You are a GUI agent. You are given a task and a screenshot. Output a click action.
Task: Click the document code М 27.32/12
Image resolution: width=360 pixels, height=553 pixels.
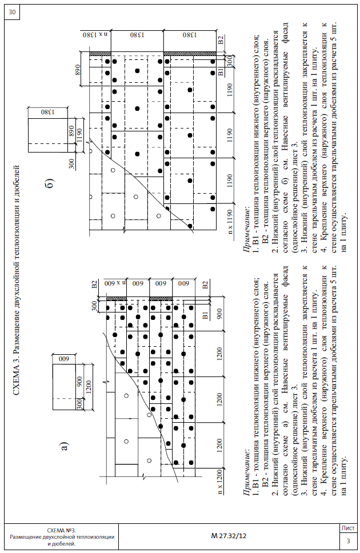(x=228, y=536)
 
